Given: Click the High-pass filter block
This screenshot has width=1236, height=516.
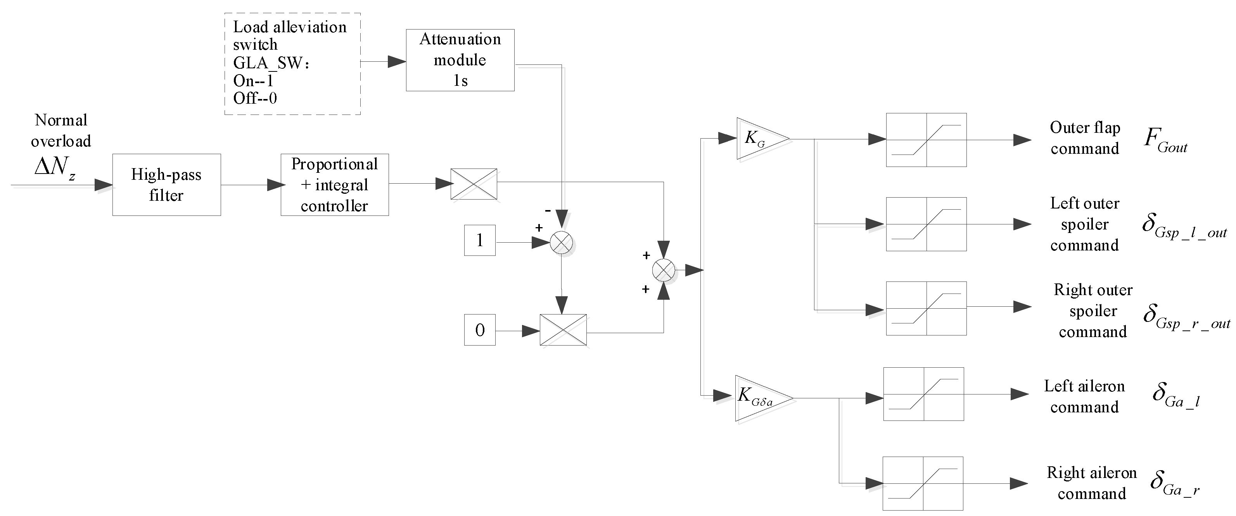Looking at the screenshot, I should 166,185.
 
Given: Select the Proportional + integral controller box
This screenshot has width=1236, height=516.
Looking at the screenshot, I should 334,185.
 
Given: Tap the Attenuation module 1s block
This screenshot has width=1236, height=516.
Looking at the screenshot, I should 460,60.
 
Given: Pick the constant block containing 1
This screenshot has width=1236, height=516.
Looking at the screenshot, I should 479,240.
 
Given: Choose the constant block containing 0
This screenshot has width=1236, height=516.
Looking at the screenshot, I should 479,330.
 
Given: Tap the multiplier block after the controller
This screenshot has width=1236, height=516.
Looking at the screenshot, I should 474,184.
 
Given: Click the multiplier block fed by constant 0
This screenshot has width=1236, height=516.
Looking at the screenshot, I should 563,330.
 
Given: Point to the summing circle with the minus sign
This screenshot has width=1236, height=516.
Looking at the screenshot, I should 561,243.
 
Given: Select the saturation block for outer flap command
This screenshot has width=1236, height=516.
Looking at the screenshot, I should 926,140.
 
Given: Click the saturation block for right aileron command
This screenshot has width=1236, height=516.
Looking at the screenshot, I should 923,483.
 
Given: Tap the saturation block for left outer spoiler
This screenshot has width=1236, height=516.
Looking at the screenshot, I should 926,224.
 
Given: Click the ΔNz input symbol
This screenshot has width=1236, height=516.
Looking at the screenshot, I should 55,168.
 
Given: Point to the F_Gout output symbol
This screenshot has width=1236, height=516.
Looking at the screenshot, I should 1165,139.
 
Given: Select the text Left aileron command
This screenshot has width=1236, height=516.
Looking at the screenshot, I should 1084,396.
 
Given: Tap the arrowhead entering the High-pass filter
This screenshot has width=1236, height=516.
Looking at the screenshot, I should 103,185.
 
